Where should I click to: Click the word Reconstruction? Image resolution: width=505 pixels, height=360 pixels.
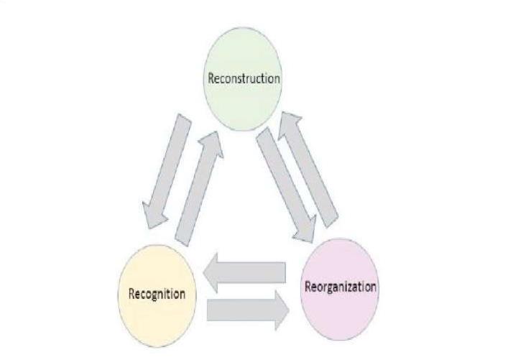(x=244, y=78)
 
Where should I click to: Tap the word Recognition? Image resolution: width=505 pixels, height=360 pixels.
(x=157, y=293)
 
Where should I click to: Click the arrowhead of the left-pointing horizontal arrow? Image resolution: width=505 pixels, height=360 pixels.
(x=212, y=272)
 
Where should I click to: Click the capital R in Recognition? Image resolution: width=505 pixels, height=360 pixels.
(x=131, y=293)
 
